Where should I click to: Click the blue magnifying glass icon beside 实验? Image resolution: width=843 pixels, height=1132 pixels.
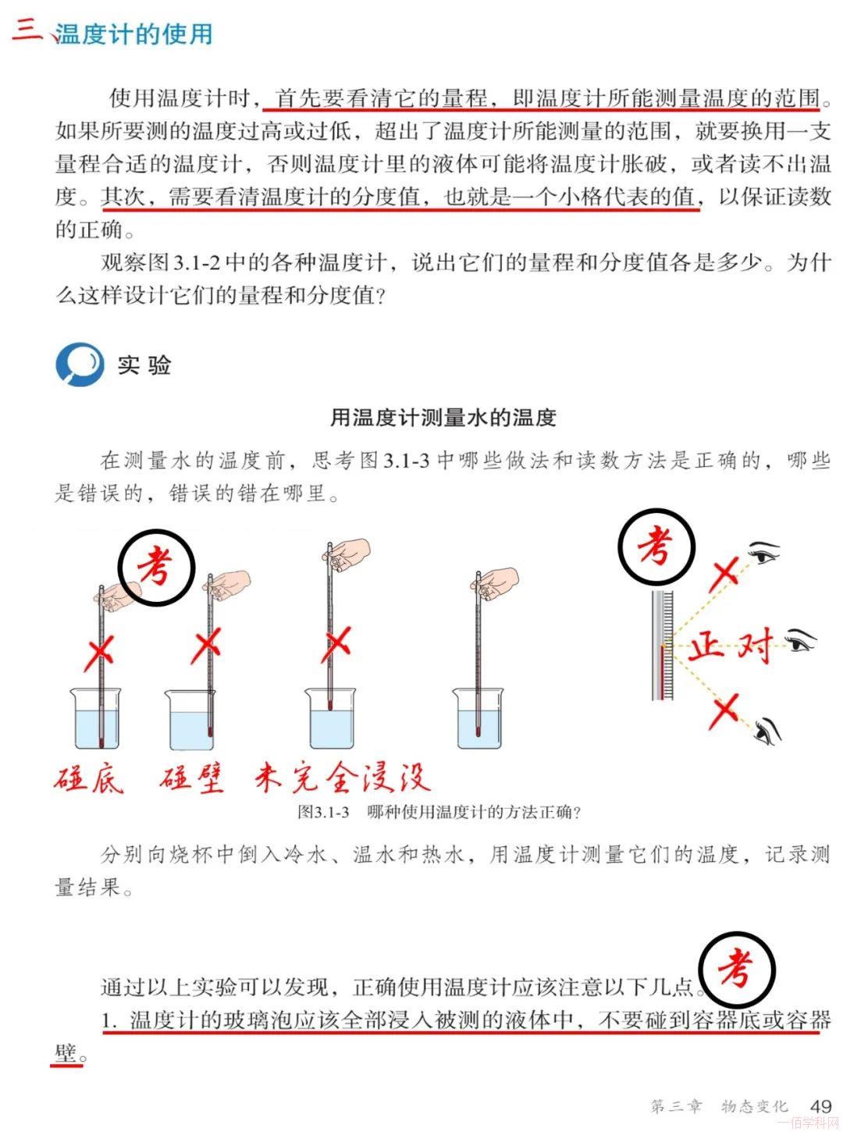[80, 364]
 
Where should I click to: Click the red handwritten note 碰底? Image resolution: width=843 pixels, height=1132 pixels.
[89, 779]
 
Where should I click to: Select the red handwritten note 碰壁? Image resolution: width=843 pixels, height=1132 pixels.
[191, 779]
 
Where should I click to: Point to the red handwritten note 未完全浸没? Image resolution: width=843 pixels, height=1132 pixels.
[343, 778]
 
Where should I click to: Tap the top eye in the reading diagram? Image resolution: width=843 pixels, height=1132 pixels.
[764, 553]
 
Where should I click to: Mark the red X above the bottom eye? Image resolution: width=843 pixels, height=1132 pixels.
[726, 710]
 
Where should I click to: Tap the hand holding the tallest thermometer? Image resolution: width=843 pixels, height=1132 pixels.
[347, 553]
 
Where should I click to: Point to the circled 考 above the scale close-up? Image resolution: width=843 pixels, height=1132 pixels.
[656, 546]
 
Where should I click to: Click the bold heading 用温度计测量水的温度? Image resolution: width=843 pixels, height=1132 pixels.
[443, 417]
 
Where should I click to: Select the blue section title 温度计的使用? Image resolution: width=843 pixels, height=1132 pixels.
[133, 34]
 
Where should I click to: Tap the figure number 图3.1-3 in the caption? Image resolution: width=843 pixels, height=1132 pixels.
[323, 811]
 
